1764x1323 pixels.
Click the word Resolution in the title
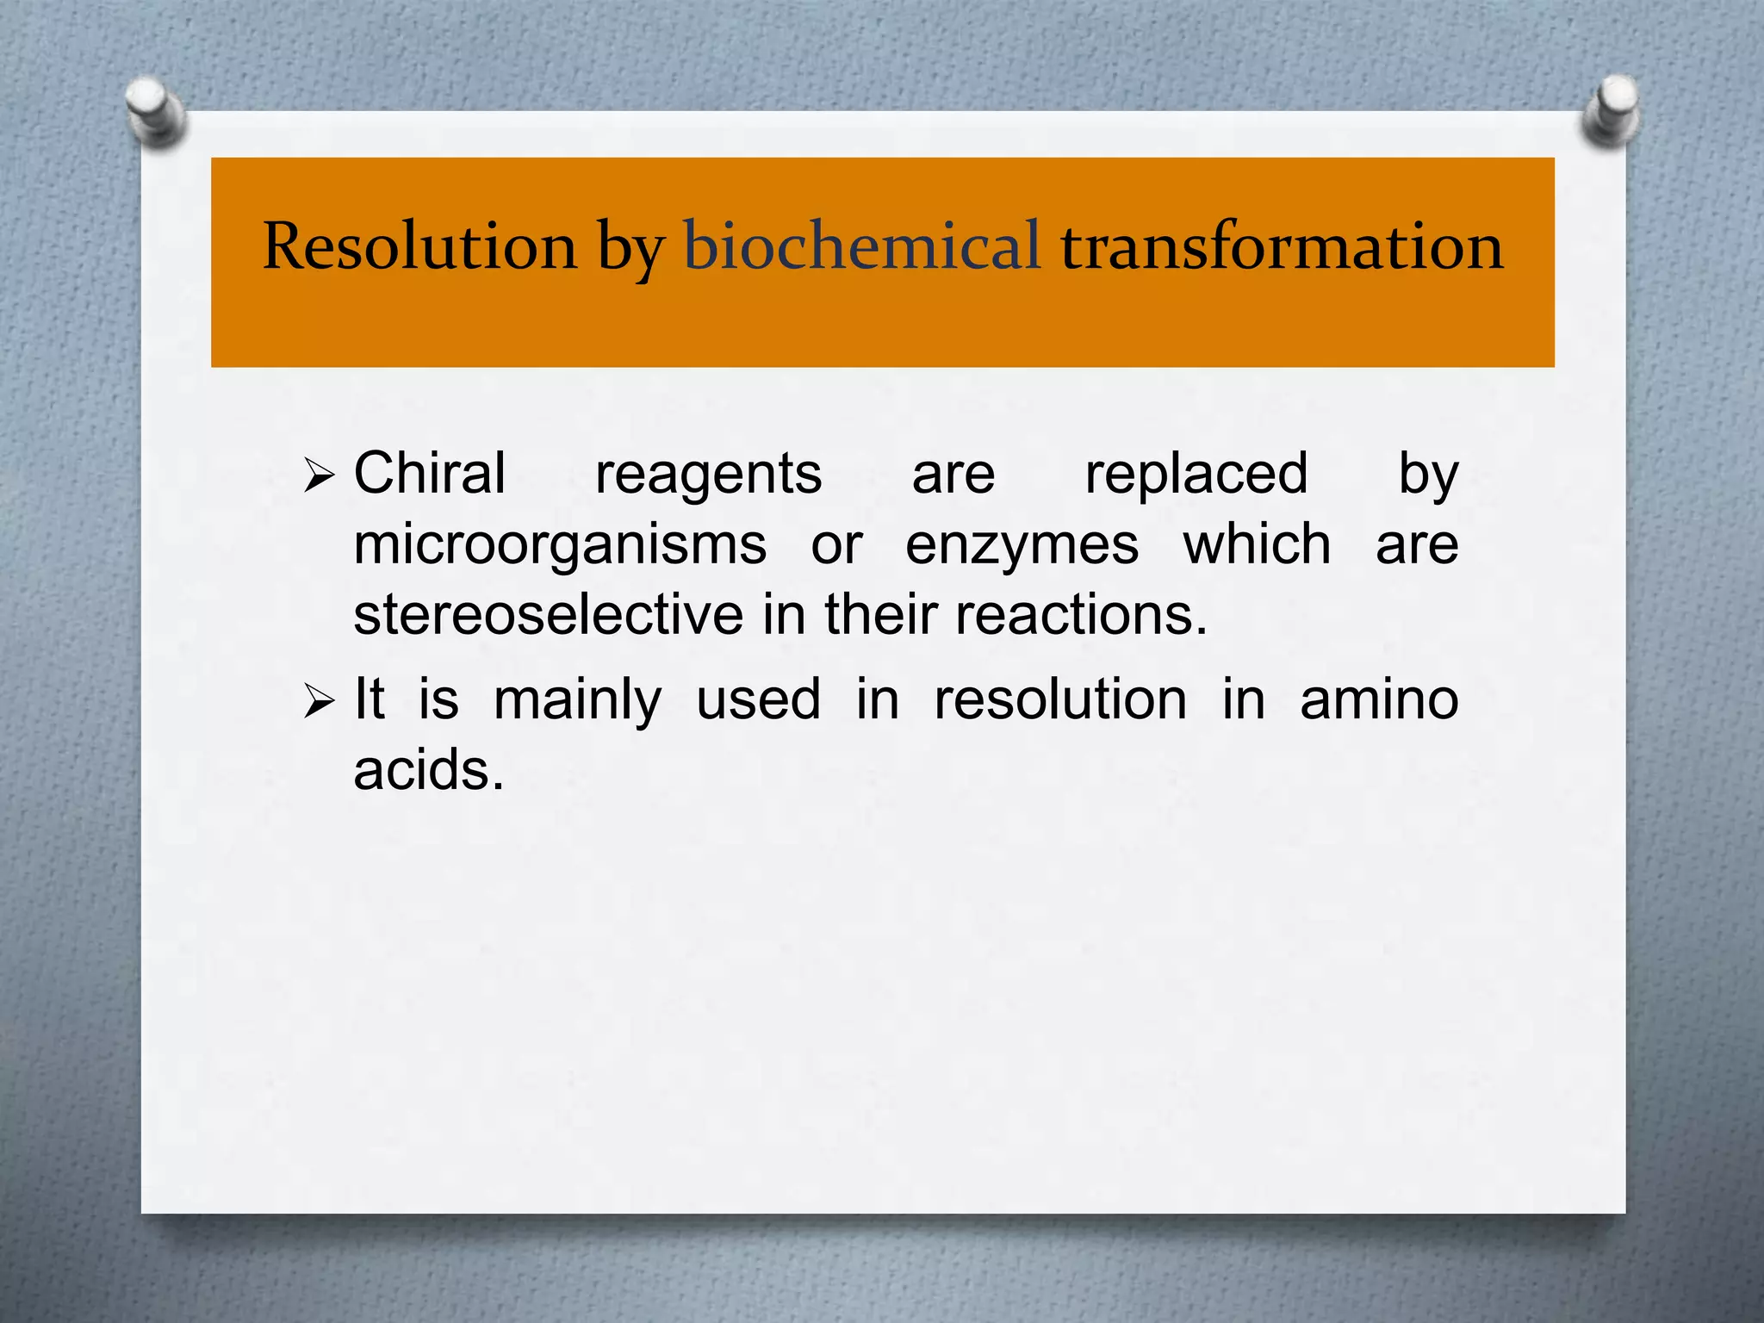point(419,247)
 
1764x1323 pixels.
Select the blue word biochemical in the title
point(861,247)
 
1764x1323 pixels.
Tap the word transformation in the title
point(1282,247)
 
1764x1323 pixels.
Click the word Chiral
point(429,474)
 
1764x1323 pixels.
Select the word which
point(1257,545)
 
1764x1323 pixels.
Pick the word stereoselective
point(548,615)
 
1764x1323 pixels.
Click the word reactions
point(1081,615)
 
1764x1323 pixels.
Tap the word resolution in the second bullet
point(1060,699)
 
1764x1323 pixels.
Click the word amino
point(1378,699)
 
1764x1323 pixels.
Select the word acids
point(428,770)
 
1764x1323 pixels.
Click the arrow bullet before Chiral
point(318,475)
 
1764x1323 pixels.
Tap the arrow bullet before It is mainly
point(318,702)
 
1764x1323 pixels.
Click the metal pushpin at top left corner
point(155,110)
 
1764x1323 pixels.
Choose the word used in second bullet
point(758,699)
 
